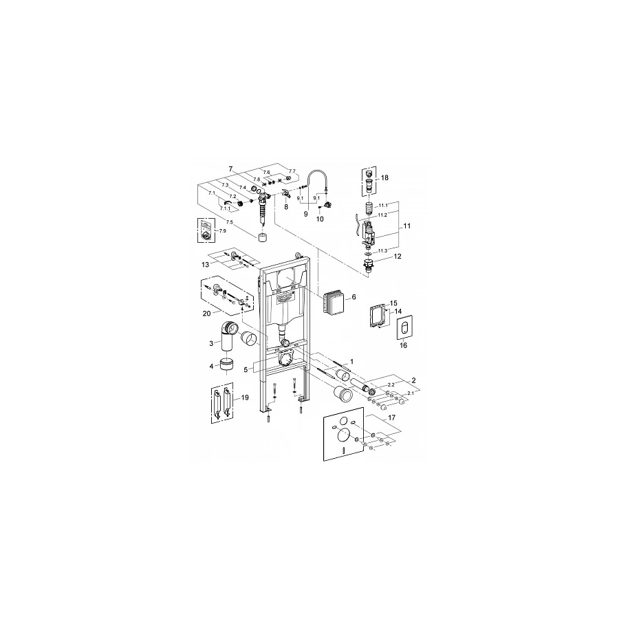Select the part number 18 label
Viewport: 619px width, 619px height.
[x=384, y=177]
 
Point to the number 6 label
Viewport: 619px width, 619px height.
[x=354, y=297]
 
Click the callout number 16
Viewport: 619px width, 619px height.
[x=404, y=345]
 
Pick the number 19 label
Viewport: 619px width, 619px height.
[x=245, y=398]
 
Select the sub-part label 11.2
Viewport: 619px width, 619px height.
[x=382, y=214]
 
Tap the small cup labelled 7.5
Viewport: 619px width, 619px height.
[x=261, y=239]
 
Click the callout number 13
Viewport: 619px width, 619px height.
[x=204, y=263]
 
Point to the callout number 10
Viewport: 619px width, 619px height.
[x=319, y=219]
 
